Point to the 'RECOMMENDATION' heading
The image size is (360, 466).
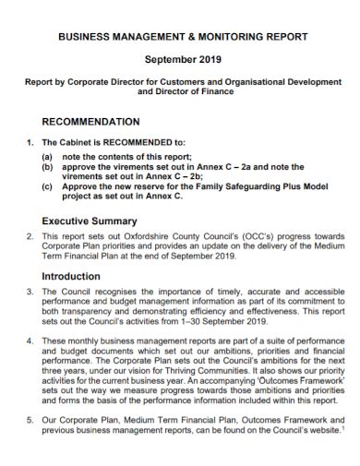point(91,122)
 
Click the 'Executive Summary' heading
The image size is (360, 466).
point(90,221)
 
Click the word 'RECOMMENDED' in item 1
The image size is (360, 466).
point(135,143)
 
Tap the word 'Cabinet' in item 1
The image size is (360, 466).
point(77,143)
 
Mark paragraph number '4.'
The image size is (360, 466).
point(30,341)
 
